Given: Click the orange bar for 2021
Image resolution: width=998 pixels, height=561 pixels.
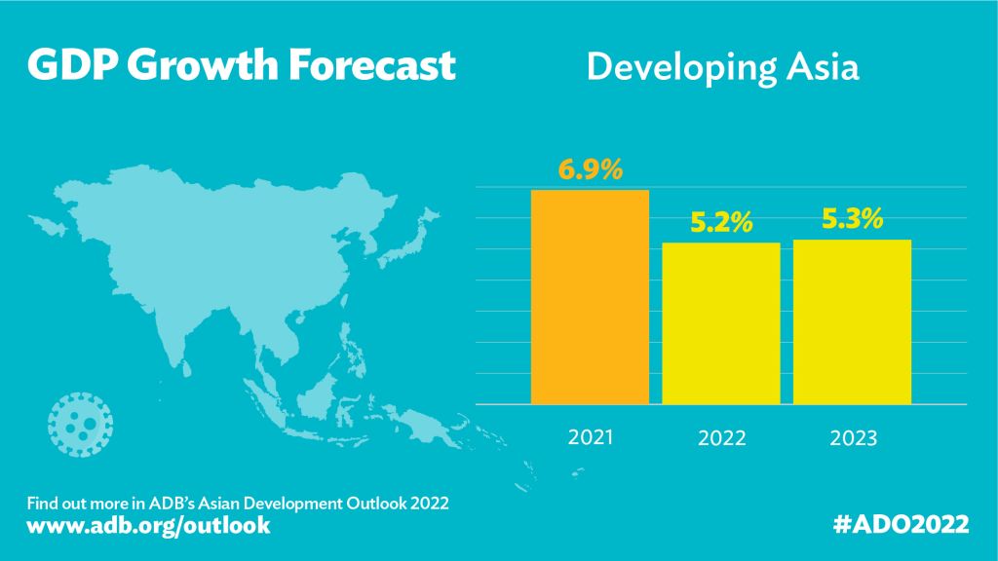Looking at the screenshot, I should point(590,297).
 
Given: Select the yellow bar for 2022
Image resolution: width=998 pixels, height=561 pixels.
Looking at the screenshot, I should point(721,323).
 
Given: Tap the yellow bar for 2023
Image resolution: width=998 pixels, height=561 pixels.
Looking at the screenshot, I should point(852,321).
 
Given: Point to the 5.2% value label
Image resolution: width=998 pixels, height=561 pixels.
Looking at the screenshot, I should point(721,223).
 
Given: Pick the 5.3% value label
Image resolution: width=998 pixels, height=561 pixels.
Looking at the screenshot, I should point(852,220).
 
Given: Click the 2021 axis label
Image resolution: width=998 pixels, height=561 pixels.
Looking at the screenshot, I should point(591,436).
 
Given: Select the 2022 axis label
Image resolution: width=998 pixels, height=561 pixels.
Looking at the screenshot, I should point(721,438).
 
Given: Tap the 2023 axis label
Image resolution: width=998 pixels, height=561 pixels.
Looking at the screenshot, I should point(853,438).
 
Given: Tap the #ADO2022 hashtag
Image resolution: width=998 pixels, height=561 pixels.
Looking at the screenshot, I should point(902,525).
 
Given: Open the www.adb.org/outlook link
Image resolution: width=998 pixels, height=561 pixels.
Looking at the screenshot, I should point(148,526).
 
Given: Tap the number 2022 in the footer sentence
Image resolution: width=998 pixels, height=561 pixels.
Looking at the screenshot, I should point(429,504).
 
